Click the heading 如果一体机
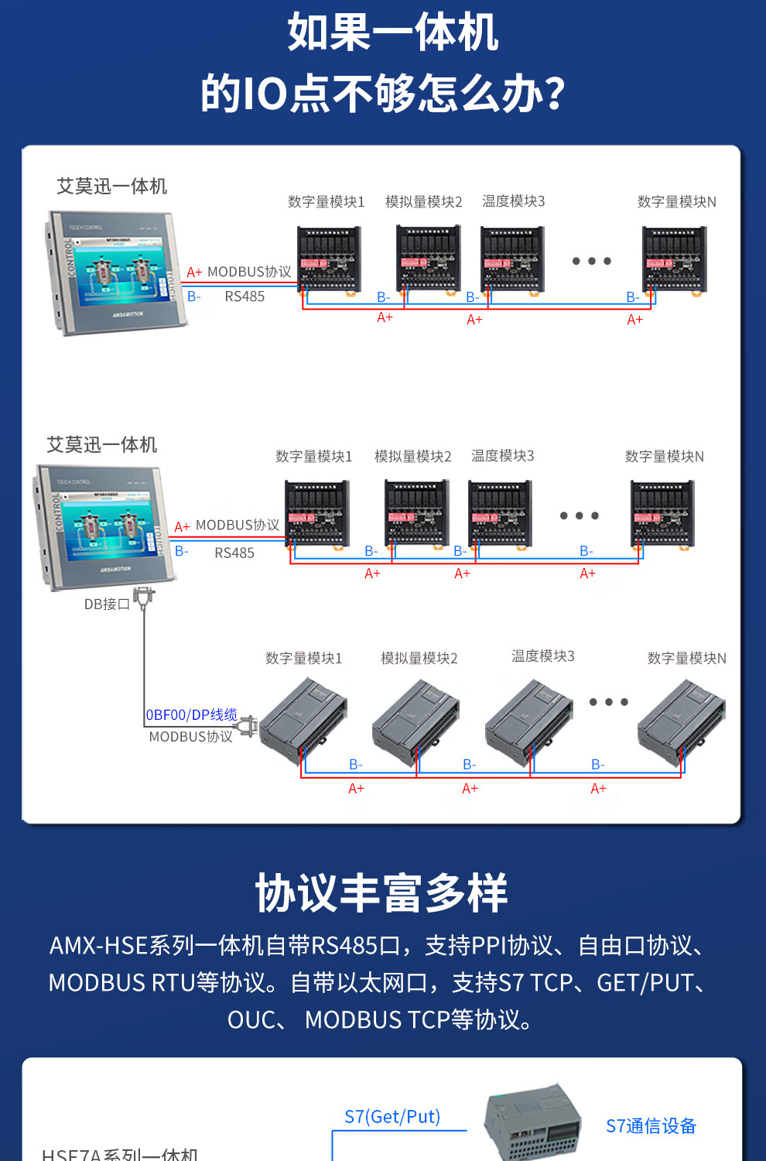(392, 33)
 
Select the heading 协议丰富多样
(381, 892)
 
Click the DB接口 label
(107, 604)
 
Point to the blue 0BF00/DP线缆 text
(191, 714)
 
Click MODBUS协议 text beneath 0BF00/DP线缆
(190, 737)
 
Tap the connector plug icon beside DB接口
(144, 598)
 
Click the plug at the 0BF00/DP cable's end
(248, 727)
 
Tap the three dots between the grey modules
(608, 702)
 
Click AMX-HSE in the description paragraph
(98, 945)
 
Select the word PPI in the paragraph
(489, 945)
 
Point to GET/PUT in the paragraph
(645, 982)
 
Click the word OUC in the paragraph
(251, 1019)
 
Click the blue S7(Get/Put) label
(392, 1116)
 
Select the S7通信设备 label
(651, 1125)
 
